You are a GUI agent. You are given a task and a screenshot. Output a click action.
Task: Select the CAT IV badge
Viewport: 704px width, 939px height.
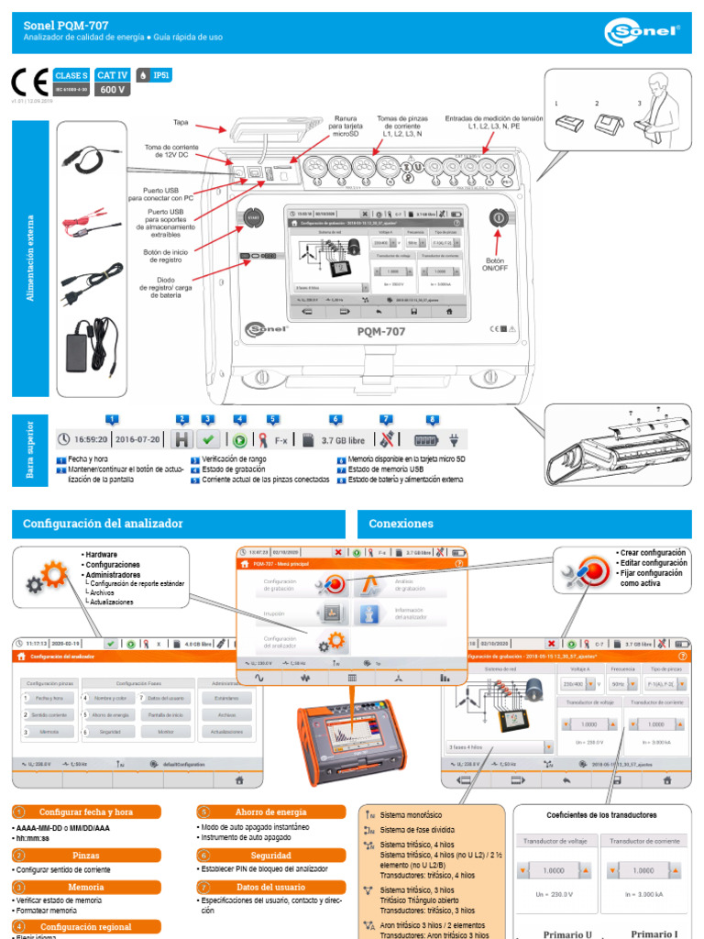(112, 74)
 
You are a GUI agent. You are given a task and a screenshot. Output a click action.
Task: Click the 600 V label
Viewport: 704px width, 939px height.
(112, 90)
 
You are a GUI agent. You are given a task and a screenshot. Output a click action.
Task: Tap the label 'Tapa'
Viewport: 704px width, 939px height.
(181, 122)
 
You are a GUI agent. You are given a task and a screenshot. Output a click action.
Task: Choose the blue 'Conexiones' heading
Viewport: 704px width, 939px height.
(401, 524)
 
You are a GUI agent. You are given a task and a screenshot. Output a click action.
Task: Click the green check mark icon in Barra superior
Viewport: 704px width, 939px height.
(208, 439)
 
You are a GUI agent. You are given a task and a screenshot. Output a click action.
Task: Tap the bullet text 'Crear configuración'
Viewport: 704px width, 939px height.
(653, 553)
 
